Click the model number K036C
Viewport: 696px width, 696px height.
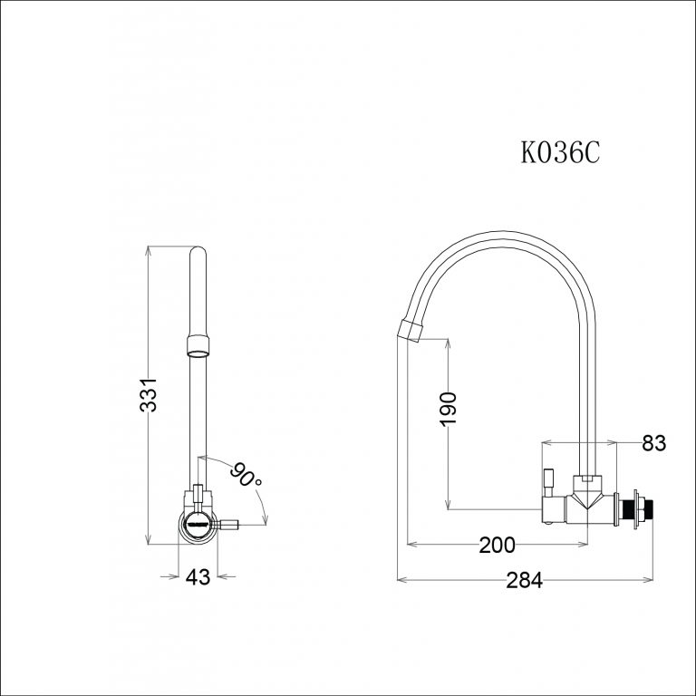click(x=560, y=152)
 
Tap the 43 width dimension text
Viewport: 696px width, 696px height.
click(x=197, y=577)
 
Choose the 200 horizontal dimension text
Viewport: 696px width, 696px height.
click(x=497, y=545)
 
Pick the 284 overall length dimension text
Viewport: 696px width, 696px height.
click(x=524, y=581)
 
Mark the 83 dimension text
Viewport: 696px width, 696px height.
click(x=653, y=443)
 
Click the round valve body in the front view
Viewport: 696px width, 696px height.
click(x=198, y=524)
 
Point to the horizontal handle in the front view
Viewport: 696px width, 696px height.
click(x=225, y=524)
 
